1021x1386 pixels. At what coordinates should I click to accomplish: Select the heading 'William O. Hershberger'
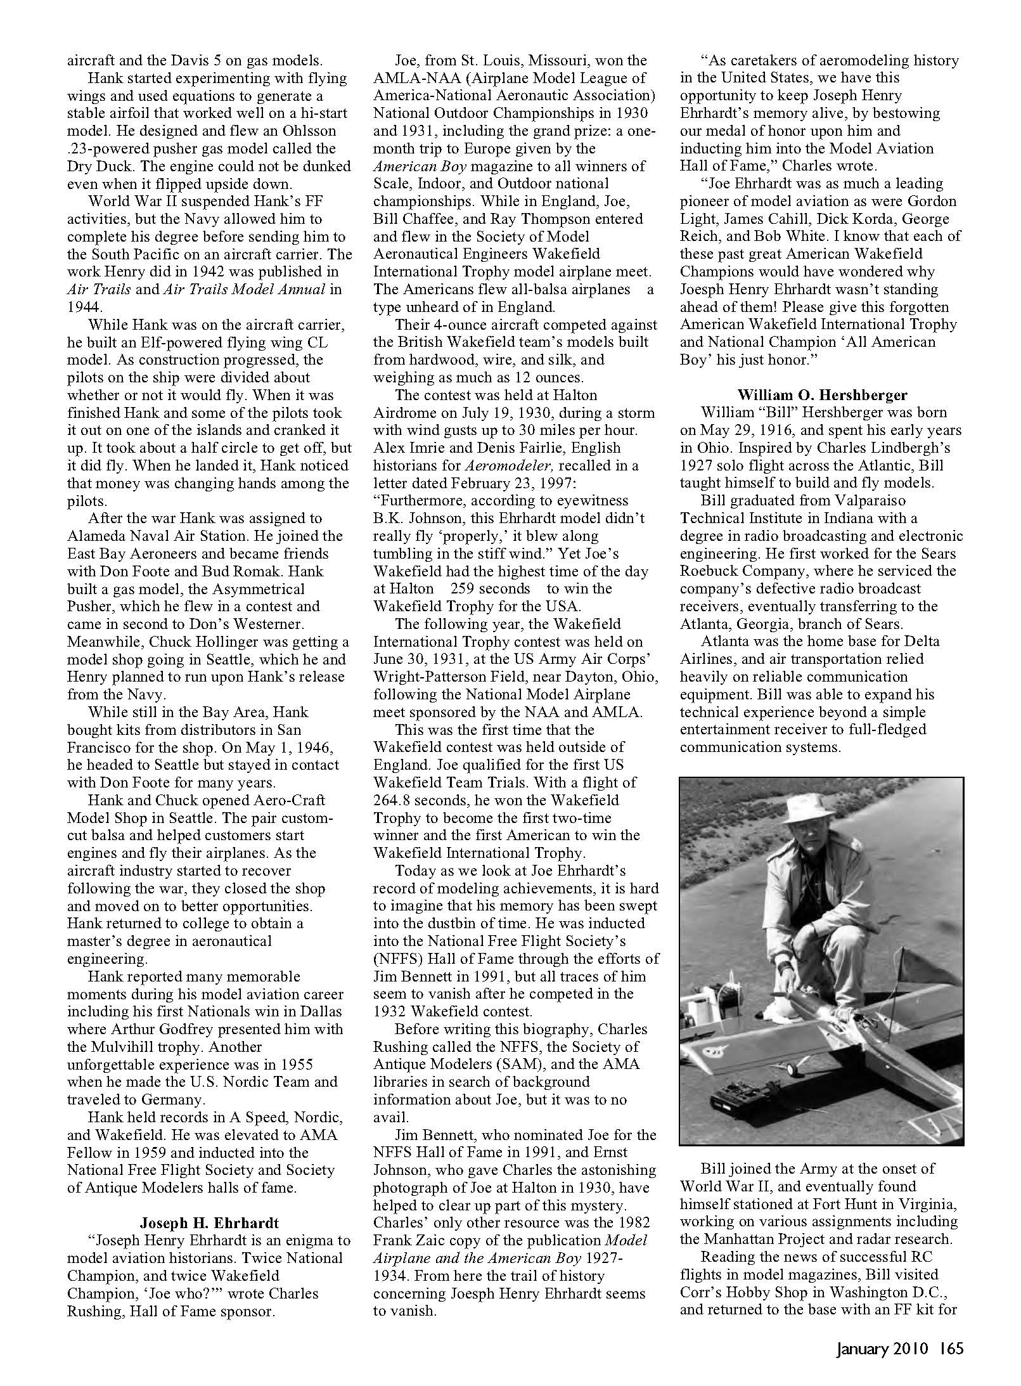[x=822, y=394]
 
